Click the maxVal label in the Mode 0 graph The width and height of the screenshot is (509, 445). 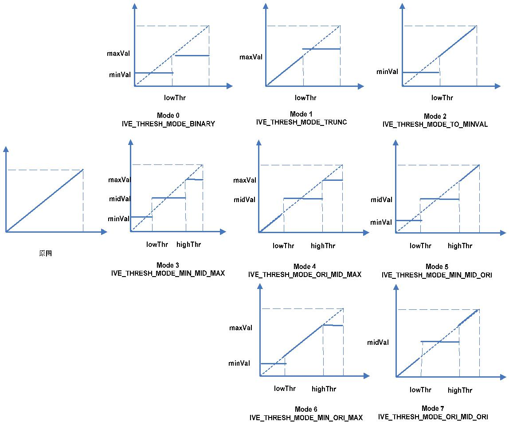[118, 54]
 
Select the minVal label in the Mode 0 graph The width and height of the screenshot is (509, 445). [120, 74]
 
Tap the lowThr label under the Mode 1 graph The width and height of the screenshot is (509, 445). [306, 98]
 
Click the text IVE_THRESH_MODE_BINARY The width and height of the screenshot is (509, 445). [168, 124]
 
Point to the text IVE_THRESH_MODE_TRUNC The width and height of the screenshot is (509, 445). [301, 122]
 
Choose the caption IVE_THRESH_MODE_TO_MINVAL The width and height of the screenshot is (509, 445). [435, 125]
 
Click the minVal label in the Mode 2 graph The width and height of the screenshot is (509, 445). [387, 71]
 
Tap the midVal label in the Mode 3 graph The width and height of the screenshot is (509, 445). [120, 199]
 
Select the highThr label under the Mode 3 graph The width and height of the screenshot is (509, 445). [189, 244]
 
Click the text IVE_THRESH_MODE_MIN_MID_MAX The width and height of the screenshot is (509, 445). [168, 273]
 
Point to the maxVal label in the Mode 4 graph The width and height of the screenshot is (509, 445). [245, 180]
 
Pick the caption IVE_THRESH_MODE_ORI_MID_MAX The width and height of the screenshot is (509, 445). [305, 275]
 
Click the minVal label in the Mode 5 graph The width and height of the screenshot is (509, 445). [381, 222]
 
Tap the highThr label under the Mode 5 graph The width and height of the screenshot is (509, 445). [460, 246]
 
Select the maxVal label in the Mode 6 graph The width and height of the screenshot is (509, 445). [241, 328]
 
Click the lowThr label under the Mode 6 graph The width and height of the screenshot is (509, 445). [285, 389]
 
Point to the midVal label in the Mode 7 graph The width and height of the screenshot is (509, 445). [378, 342]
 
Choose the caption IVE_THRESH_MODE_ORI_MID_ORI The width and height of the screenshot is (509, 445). [433, 417]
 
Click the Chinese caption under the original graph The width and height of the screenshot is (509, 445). [46, 254]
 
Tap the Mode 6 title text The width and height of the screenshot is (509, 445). [306, 409]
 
